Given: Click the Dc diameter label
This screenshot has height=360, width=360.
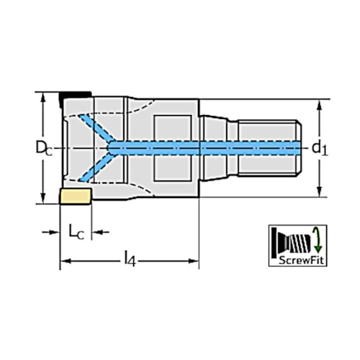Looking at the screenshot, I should point(43,148).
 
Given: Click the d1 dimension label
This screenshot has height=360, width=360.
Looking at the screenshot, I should point(318,148).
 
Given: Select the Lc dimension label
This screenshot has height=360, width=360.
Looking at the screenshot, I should point(76,232).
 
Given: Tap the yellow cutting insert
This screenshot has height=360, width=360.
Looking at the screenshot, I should point(75,196).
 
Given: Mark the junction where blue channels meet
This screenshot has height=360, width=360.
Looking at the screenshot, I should point(113,147).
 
